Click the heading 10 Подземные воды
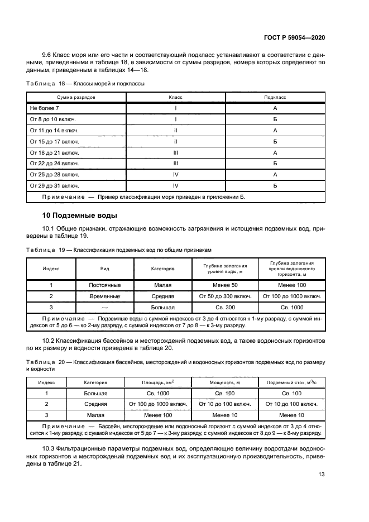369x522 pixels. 79,215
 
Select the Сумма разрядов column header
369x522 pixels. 76,97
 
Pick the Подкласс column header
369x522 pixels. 275,97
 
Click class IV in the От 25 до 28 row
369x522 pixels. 176,174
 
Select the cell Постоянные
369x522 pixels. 104,285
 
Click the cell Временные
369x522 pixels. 104,296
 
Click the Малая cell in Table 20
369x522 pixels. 95,415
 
